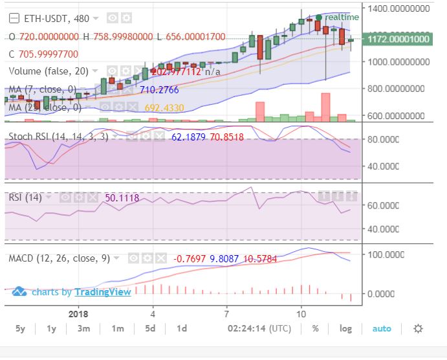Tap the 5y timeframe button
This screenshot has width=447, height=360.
point(20,328)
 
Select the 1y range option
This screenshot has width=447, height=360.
point(52,328)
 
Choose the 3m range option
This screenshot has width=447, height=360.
point(83,328)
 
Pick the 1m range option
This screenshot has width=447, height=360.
point(117,328)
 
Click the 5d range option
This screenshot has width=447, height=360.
point(150,328)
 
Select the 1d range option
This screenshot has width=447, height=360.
point(182,328)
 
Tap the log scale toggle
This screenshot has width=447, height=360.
point(346,328)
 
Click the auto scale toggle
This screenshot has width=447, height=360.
point(382,328)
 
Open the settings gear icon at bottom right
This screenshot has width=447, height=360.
point(418,328)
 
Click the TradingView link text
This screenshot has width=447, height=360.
point(103,292)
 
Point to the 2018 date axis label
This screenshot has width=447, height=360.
point(78,312)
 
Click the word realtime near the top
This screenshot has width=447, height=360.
point(342,17)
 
